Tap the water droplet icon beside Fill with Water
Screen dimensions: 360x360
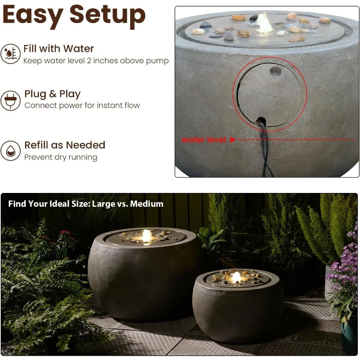[x=10, y=54]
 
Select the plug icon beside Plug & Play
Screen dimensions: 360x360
[x=10, y=100]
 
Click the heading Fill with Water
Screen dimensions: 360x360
[x=59, y=49]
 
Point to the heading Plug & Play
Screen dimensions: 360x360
[x=52, y=94]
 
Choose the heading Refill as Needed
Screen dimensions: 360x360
[x=65, y=145]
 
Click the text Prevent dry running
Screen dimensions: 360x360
[x=60, y=157]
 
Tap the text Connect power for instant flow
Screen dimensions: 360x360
[x=82, y=105]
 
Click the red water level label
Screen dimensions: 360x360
[x=203, y=140]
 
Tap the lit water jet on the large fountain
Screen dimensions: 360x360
[x=147, y=236]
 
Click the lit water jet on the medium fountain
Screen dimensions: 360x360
[x=236, y=277]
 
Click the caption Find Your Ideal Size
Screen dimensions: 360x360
[x=49, y=204]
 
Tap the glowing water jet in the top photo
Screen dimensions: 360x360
[x=265, y=24]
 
